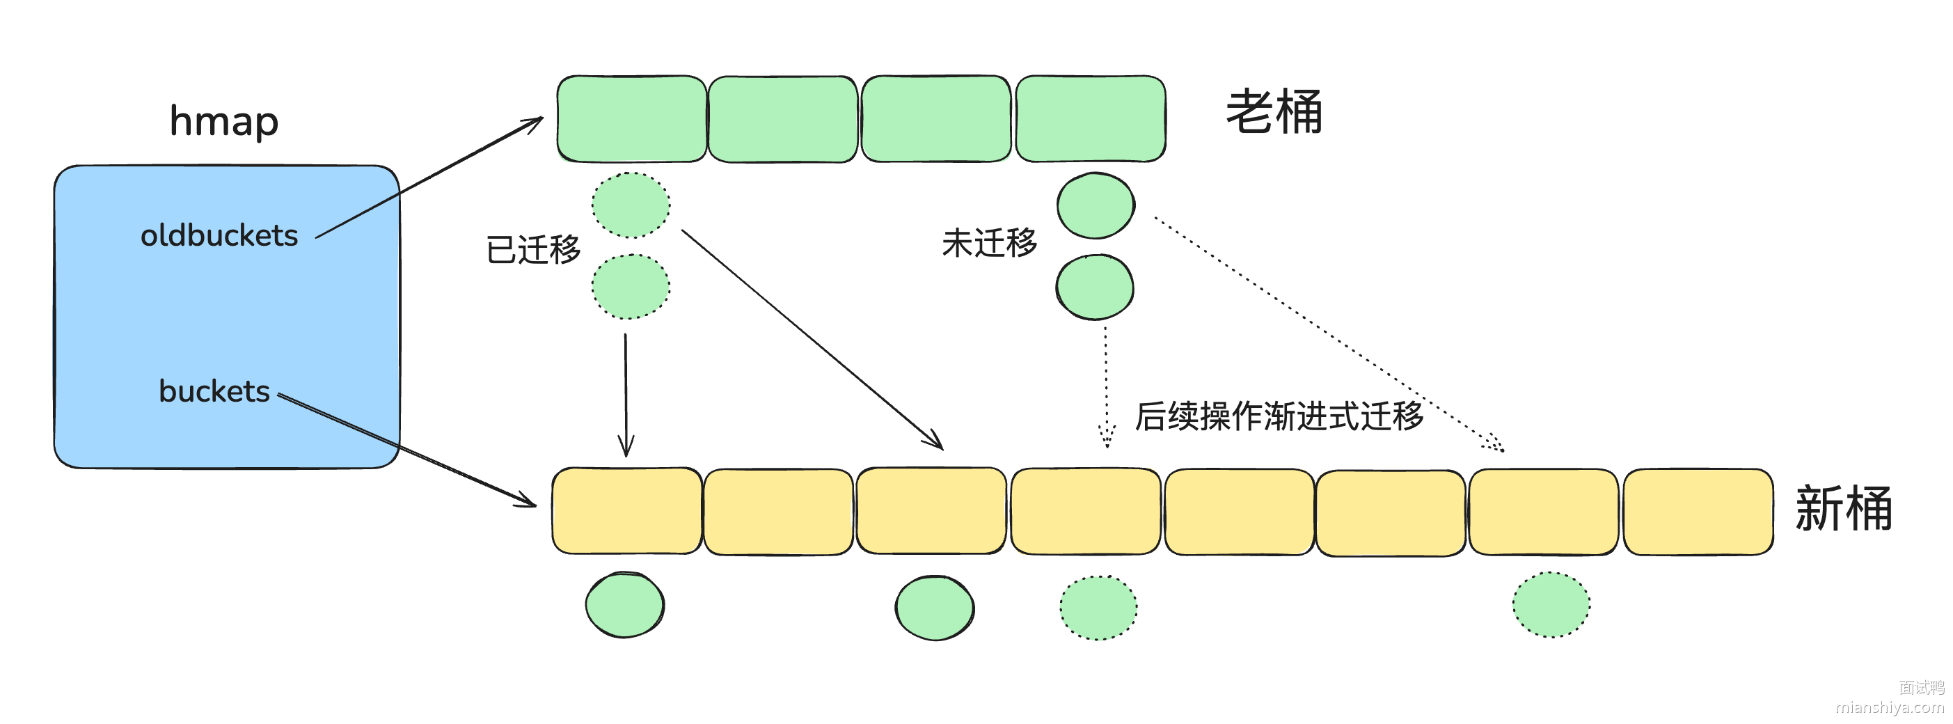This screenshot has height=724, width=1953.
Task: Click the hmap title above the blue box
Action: point(223,121)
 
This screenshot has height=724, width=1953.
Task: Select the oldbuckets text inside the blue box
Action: point(219,236)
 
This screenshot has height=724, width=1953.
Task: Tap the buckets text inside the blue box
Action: point(214,391)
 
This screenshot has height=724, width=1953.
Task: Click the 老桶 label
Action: point(1274,112)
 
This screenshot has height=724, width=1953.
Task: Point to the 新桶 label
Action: point(1843,509)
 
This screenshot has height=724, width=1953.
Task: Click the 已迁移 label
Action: point(533,249)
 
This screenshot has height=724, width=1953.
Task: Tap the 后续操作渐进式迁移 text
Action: point(1279,416)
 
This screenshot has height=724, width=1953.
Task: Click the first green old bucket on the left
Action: point(631,119)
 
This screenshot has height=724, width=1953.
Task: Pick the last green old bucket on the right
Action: point(1090,119)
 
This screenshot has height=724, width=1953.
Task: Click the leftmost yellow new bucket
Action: point(626,511)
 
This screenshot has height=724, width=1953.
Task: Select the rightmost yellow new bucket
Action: point(1698,512)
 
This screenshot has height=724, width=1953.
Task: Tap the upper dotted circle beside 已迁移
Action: point(631,205)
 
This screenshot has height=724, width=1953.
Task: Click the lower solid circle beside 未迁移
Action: point(1095,288)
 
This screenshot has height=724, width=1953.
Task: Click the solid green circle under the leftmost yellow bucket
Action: point(625,605)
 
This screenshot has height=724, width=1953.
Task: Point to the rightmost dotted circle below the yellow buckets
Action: point(1551,605)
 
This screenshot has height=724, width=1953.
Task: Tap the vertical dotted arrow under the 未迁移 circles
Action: point(1106,386)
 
